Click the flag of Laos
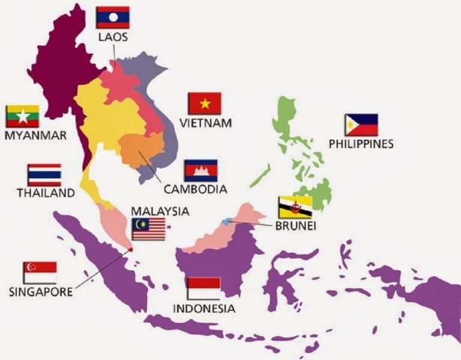(x=113, y=17)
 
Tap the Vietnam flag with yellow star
(x=205, y=103)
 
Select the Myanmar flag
(x=23, y=116)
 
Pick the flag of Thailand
(x=44, y=175)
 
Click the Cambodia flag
(x=200, y=170)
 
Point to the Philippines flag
(x=361, y=125)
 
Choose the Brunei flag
(x=295, y=208)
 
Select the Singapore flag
(x=40, y=272)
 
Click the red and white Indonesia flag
(x=203, y=289)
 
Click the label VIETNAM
(x=205, y=123)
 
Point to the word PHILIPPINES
(x=361, y=144)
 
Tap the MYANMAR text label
(x=35, y=136)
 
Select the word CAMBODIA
(x=195, y=190)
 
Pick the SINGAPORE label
(x=41, y=292)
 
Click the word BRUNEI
(x=295, y=226)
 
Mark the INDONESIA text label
(x=203, y=309)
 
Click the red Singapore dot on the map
(x=130, y=248)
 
